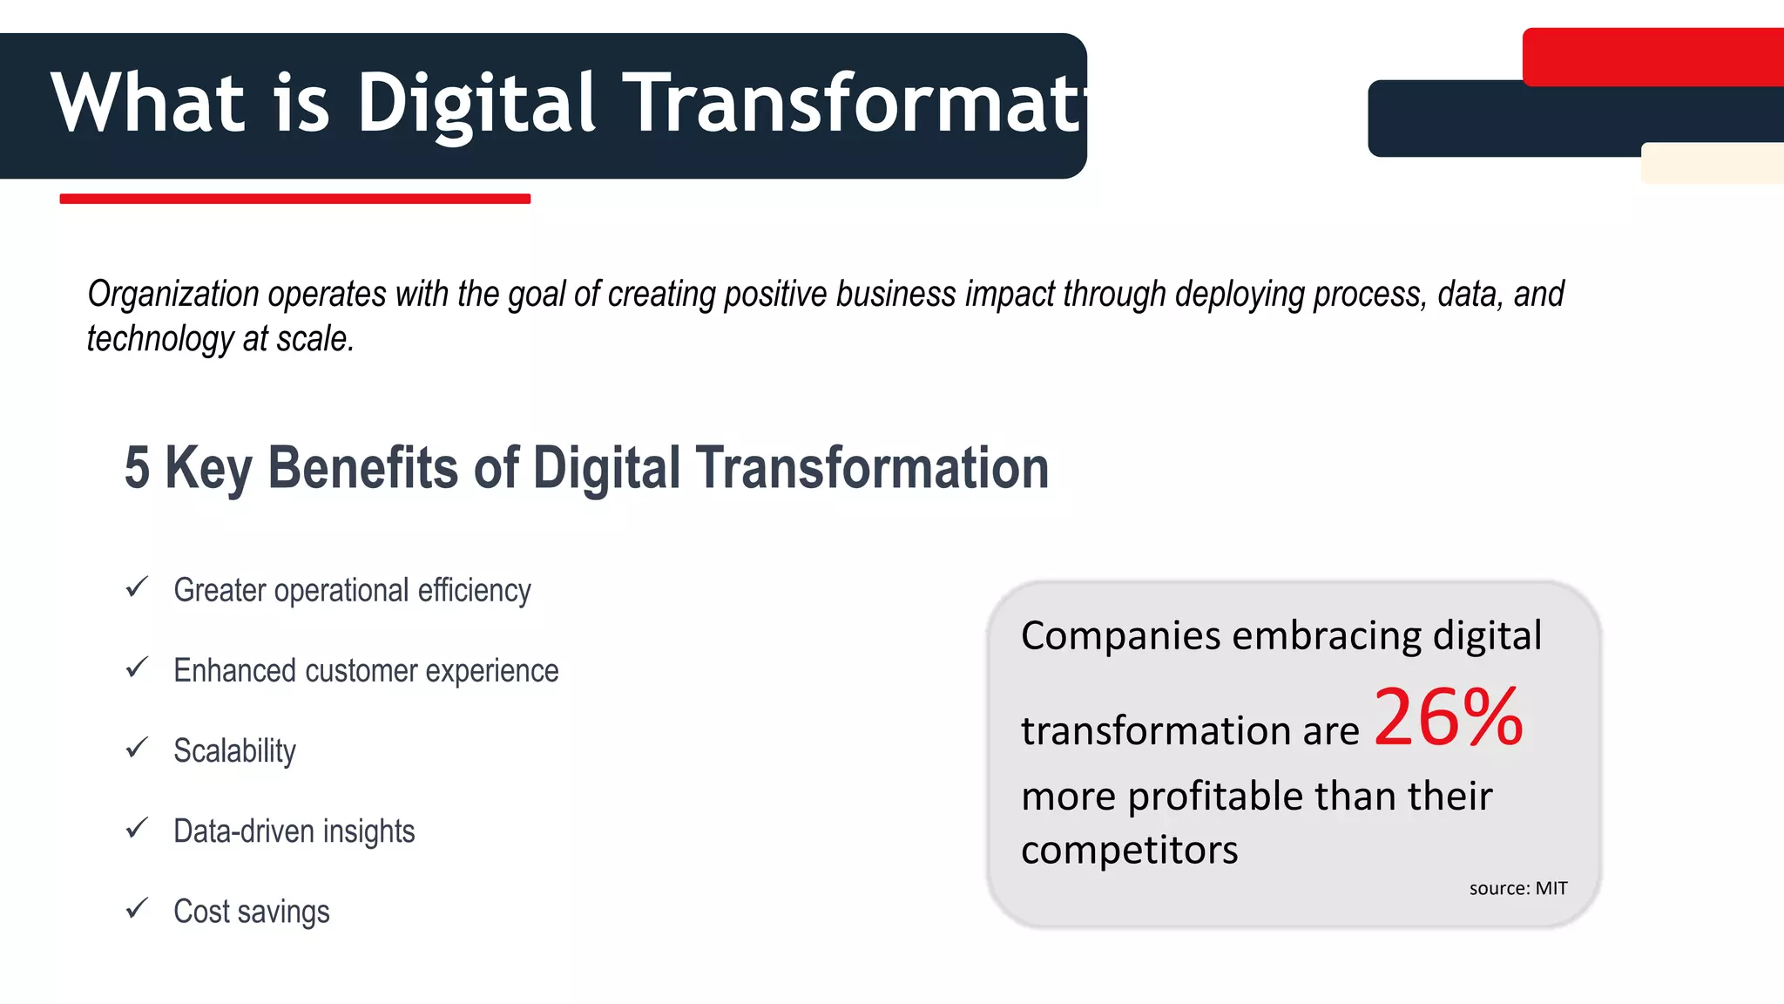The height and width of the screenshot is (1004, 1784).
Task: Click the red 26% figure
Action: coord(1449,718)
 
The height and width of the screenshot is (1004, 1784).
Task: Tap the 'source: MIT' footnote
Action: coord(1517,888)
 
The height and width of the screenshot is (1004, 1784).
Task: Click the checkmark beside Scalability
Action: coord(137,748)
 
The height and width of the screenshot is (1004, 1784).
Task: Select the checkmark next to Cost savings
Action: coord(137,909)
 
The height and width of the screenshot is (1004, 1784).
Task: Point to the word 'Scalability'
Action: coord(234,750)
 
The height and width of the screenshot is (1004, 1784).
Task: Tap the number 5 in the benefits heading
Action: coord(137,468)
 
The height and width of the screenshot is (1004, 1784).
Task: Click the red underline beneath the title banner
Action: coord(294,199)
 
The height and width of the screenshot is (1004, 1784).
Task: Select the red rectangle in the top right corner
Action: coord(1652,57)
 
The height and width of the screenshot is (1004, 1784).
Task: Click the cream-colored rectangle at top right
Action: coord(1712,163)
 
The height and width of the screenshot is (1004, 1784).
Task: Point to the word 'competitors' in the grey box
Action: coord(1129,850)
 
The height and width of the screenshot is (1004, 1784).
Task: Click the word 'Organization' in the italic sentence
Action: coord(173,295)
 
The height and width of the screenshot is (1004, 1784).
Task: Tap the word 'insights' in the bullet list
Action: coord(368,831)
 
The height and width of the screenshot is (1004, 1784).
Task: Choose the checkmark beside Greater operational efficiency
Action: coord(137,587)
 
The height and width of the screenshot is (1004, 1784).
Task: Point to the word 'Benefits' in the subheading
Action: coord(362,468)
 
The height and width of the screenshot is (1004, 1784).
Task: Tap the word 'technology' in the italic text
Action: coord(159,339)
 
